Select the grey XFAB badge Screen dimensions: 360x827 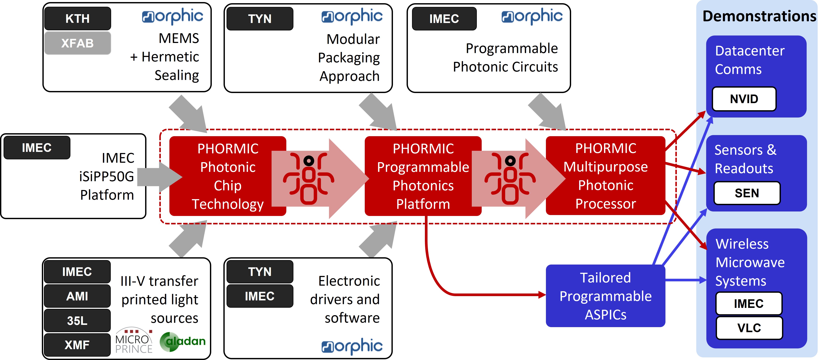click(77, 43)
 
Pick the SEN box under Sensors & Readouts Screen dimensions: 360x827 click(747, 193)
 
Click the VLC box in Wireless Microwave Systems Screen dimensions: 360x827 click(749, 328)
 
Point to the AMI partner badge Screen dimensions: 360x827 click(77, 296)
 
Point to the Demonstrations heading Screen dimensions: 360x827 click(759, 16)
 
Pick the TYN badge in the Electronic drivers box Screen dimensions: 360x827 click(260, 272)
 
